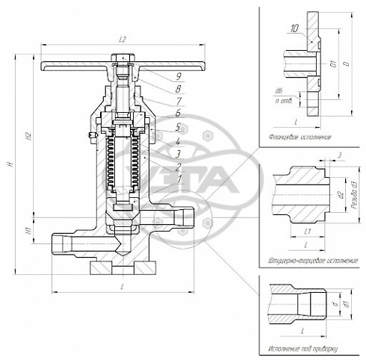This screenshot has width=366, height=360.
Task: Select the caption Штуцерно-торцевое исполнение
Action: [x=312, y=261]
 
